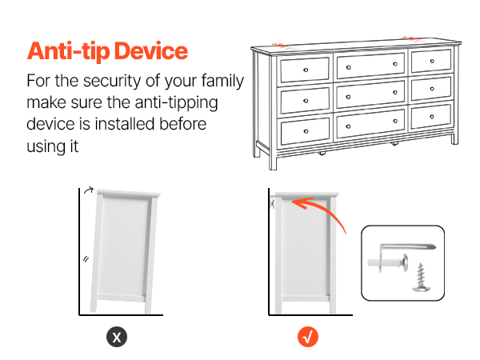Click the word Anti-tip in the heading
pos(68,51)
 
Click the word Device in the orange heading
pos(151,51)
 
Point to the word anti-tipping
pos(176,103)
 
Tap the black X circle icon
pos(117,337)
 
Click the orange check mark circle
pos(308,337)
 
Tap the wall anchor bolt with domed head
pos(388,262)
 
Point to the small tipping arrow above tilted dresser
pos(89,190)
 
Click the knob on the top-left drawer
pos(306,70)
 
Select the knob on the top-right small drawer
pos(432,62)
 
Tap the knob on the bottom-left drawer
pos(306,131)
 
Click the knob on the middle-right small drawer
pos(432,89)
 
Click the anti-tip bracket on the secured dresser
pos(273,203)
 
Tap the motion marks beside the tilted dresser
pos(86,259)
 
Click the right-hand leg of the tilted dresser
pos(148,304)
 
